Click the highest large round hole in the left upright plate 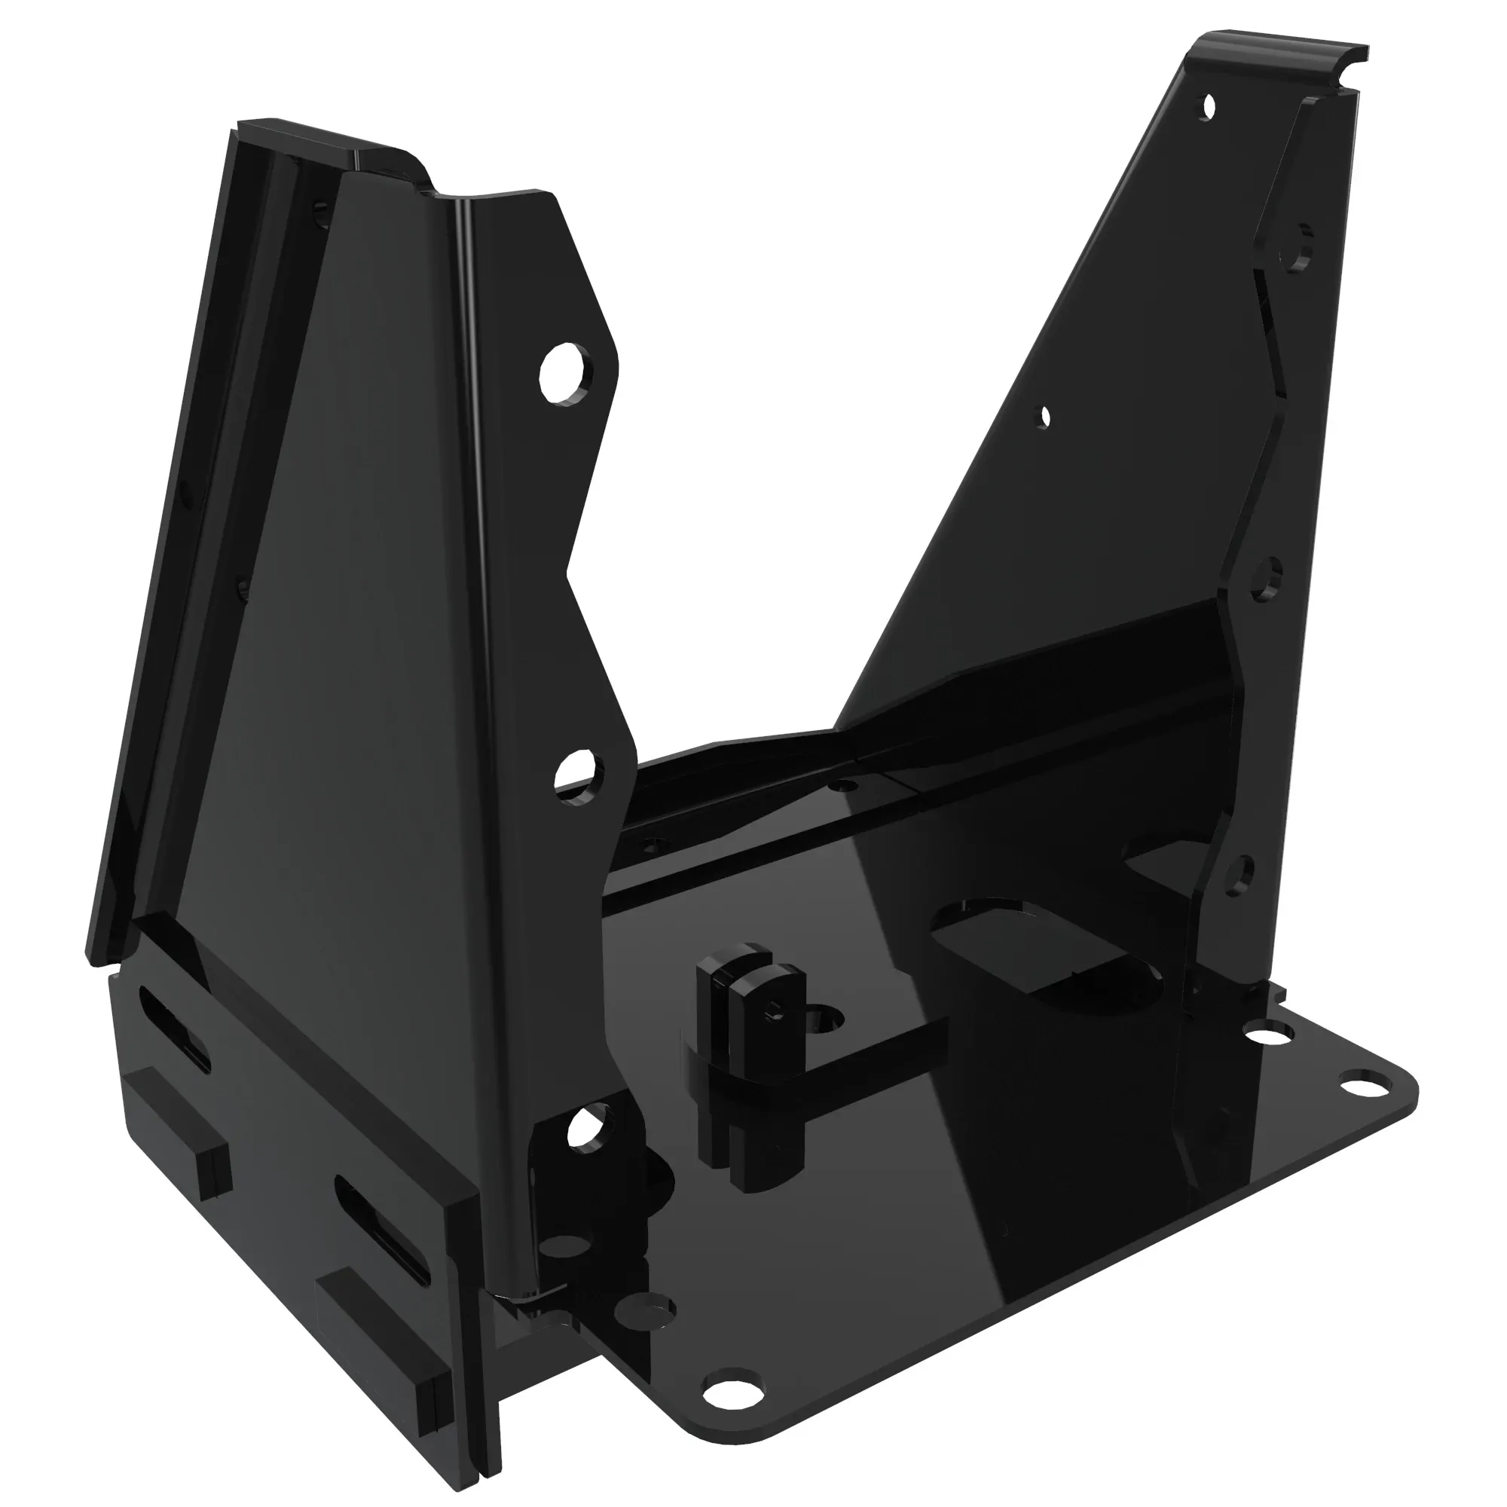(x=563, y=374)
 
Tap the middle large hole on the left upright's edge (x=580, y=773)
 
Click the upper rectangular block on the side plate (x=179, y=1128)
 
